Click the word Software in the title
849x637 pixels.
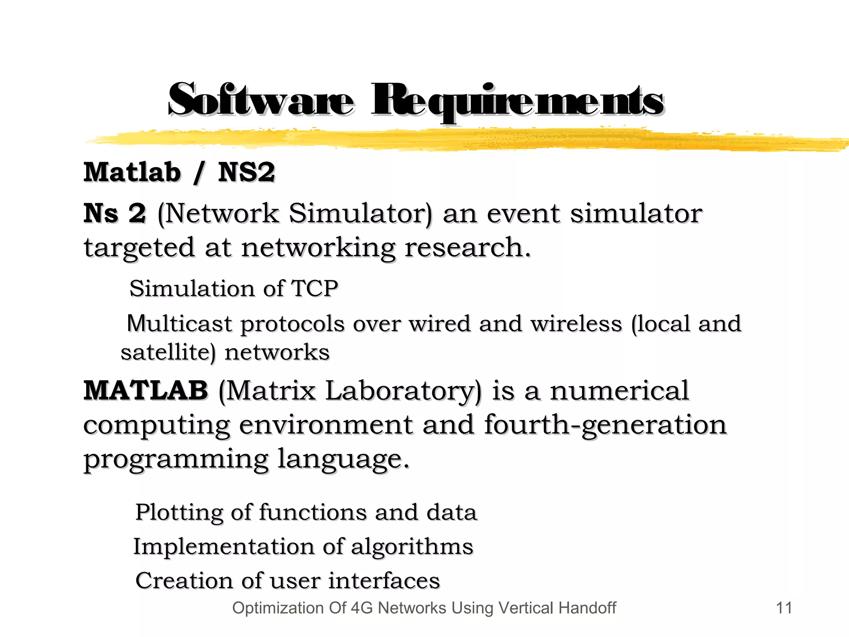[x=261, y=100]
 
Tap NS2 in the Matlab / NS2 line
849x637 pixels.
[x=246, y=172]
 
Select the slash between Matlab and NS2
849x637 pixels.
[x=199, y=173]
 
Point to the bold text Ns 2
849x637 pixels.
[x=115, y=214]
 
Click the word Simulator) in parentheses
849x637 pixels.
[x=360, y=214]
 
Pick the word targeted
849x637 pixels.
[x=139, y=248]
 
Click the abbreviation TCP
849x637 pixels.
[x=315, y=288]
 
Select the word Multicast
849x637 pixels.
[x=179, y=323]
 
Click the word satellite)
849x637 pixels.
[x=168, y=353]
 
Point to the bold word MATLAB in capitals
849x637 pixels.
[x=146, y=391]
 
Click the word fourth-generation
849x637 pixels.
[x=605, y=425]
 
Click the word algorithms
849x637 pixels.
[x=412, y=547]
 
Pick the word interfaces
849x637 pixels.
[x=384, y=581]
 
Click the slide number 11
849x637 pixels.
[x=784, y=608]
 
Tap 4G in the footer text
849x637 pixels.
[x=361, y=608]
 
